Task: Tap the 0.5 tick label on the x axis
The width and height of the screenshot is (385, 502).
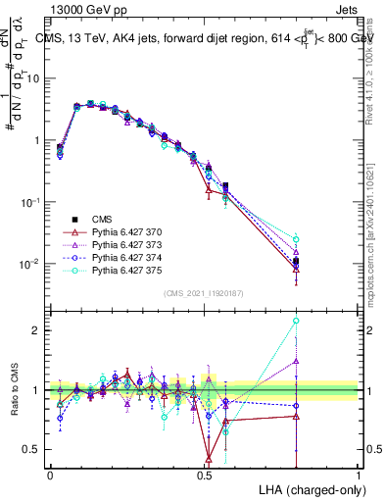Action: (204, 475)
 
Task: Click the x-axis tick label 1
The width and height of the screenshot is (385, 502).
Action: (358, 475)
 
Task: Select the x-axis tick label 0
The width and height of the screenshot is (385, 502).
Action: (50, 475)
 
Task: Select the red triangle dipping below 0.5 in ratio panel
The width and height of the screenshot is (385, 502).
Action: (208, 457)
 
